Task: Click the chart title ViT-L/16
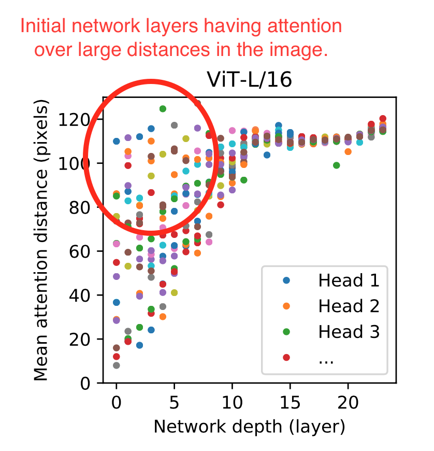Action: point(249,80)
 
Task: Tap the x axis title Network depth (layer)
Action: point(249,427)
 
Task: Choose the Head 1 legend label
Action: point(349,280)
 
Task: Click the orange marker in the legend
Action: point(286,306)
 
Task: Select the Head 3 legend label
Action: point(349,332)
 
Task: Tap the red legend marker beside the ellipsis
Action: point(286,357)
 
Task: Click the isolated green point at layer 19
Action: point(337,165)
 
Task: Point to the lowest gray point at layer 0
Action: point(117,365)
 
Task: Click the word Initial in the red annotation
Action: point(42,26)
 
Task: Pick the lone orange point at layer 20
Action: point(348,152)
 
